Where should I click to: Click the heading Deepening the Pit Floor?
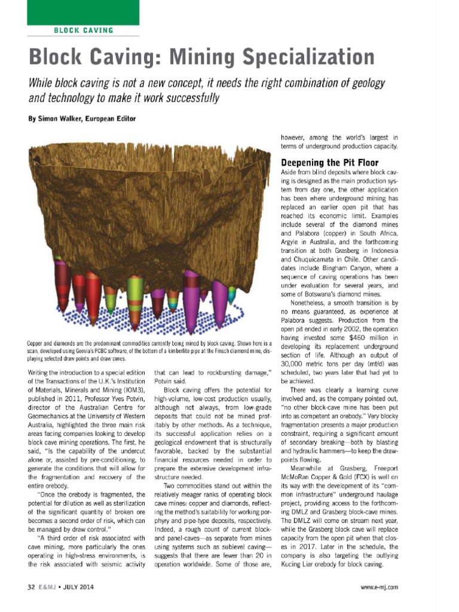coord(329,163)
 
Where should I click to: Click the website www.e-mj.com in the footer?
coord(380,587)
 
